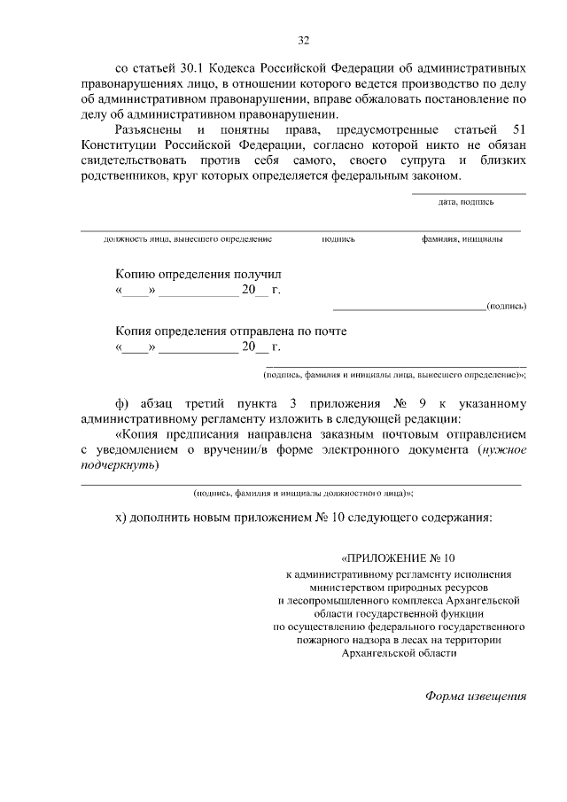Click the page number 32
pyautogui.click(x=304, y=40)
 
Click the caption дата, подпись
pyautogui.click(x=466, y=202)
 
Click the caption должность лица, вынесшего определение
pyautogui.click(x=188, y=238)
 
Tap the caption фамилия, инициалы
pyautogui.click(x=462, y=238)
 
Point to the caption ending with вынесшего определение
pyautogui.click(x=395, y=374)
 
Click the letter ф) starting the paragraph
pyautogui.click(x=122, y=403)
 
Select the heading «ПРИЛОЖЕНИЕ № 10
pyautogui.click(x=398, y=558)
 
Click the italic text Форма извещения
pyautogui.click(x=477, y=696)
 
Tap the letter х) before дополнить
pyautogui.click(x=121, y=518)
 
